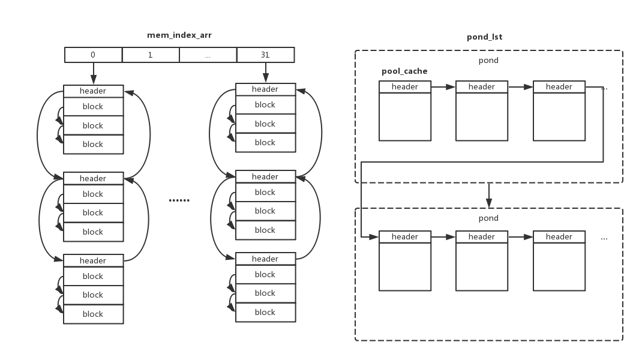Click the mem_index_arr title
(179, 35)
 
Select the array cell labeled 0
(94, 55)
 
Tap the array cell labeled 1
(151, 55)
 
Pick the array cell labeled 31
(265, 55)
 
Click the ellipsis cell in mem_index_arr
(208, 55)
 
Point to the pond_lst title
(484, 37)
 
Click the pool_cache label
(404, 71)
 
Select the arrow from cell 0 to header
(94, 73)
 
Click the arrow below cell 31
(266, 73)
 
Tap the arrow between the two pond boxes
(489, 196)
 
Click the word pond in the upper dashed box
(488, 61)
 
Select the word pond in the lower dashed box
(488, 218)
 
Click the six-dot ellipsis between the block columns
(179, 200)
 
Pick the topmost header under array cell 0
(94, 91)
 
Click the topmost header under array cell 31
(266, 89)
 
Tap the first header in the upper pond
(405, 87)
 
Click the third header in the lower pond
(559, 237)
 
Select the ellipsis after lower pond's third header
(604, 238)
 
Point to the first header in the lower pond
(405, 237)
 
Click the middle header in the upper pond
(482, 87)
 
